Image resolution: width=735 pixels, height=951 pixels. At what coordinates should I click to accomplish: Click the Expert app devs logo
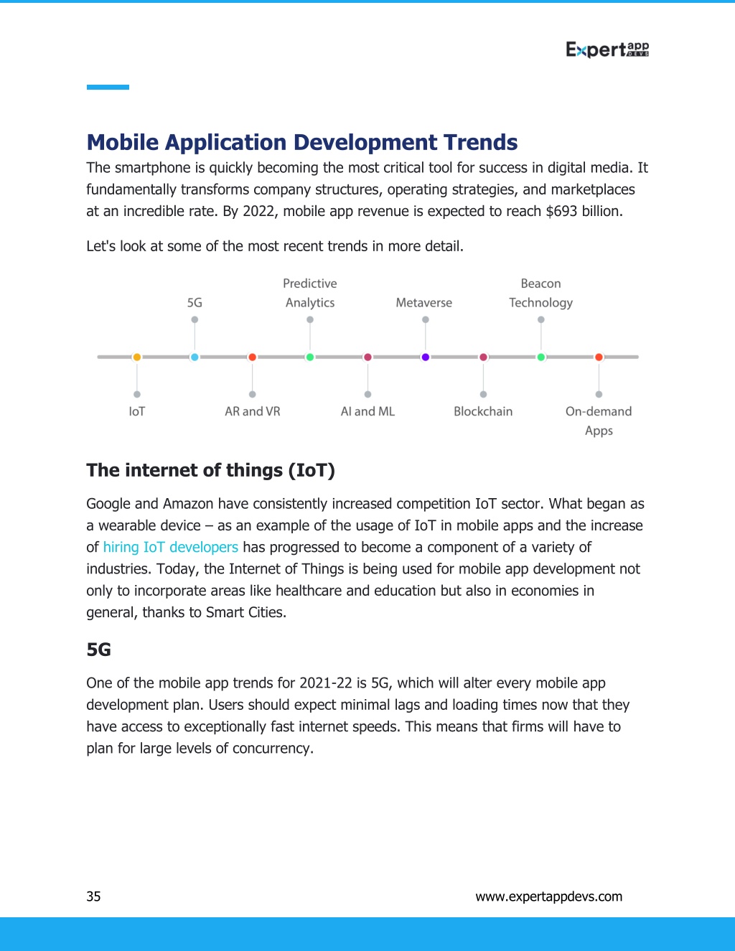tap(607, 50)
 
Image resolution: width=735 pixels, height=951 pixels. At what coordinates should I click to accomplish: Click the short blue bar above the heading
tap(108, 87)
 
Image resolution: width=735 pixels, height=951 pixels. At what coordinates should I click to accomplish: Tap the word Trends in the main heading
tap(480, 142)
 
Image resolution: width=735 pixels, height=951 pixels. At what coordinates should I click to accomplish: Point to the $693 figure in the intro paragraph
tap(562, 212)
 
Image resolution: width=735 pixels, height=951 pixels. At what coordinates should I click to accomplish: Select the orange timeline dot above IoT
tap(137, 357)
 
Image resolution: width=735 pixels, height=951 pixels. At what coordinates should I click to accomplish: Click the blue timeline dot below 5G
tap(195, 357)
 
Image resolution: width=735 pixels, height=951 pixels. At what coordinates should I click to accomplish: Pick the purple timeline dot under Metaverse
tap(425, 357)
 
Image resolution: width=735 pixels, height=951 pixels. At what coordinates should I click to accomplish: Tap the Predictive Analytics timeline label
tap(310, 293)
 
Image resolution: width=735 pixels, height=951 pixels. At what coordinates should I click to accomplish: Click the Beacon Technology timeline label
tap(540, 294)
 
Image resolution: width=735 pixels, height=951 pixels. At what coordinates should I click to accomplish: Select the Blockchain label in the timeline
tap(483, 411)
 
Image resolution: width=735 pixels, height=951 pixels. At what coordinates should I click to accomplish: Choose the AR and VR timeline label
tap(253, 411)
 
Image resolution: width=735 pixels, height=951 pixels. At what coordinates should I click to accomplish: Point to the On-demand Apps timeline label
tap(599, 421)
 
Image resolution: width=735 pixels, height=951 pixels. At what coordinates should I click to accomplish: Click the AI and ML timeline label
tap(367, 411)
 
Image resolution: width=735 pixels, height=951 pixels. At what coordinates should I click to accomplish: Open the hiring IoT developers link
tap(171, 547)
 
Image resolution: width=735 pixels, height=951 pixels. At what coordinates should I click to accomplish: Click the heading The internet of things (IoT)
tap(211, 470)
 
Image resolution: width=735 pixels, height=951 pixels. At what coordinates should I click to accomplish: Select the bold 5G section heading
tap(99, 650)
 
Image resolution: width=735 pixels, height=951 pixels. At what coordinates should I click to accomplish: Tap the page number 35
tap(93, 896)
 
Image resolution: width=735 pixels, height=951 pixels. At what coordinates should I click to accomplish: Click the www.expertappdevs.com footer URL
tap(549, 896)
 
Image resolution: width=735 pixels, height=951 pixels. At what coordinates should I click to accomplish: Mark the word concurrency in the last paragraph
tap(272, 749)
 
